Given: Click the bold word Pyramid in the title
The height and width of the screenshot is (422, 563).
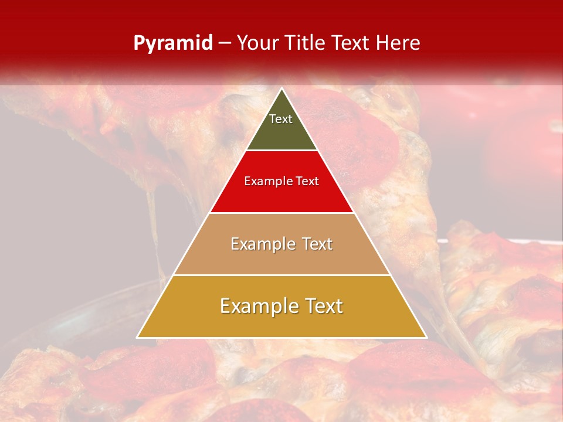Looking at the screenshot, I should tap(173, 43).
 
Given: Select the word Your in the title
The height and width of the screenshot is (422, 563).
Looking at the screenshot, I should tap(256, 43).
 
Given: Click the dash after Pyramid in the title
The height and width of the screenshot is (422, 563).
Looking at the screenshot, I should tap(224, 43).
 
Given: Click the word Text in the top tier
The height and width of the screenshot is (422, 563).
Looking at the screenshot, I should tap(281, 119).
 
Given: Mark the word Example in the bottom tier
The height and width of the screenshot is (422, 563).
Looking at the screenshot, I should tap(257, 306).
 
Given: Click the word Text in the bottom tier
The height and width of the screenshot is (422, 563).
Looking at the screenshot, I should tap(323, 306).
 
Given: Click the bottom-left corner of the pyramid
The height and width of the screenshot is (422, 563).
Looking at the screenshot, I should tap(138, 337).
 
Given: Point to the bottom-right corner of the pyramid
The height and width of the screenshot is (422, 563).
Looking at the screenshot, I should tap(426, 337).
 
